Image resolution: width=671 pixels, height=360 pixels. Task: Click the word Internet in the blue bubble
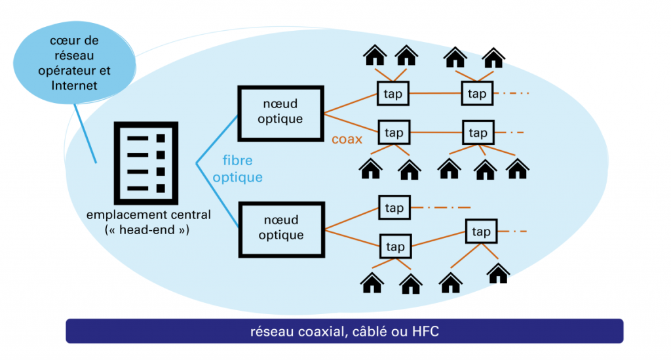[x=74, y=85]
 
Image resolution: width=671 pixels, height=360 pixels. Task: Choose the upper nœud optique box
[x=280, y=112]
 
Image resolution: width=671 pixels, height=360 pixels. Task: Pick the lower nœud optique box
[x=281, y=228]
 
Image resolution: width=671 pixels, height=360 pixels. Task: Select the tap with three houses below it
[x=478, y=133]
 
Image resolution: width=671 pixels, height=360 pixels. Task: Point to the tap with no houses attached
[x=394, y=208]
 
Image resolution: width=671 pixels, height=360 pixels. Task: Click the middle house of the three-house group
[x=485, y=170]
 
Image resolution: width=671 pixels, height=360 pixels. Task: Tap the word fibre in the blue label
[x=237, y=161]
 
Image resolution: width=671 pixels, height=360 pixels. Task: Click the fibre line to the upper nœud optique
[x=217, y=140]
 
